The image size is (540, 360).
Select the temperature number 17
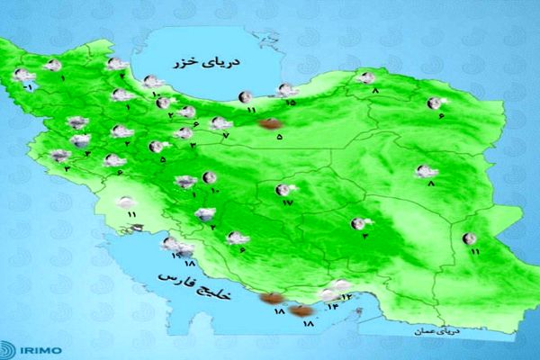[x=288, y=203]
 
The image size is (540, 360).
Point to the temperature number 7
[x=226, y=135]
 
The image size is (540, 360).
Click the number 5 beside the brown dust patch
[x=279, y=138]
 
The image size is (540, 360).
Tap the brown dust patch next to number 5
[x=267, y=126]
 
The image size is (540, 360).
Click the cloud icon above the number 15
[x=286, y=89]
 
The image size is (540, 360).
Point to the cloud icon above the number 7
[x=219, y=123]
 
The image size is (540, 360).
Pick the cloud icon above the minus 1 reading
[x=21, y=76]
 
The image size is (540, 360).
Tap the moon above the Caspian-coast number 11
[x=244, y=96]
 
